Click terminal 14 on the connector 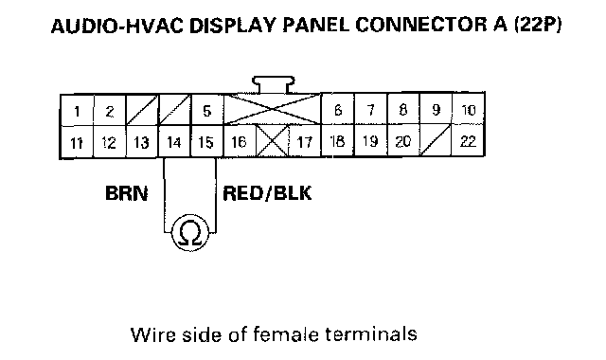[174, 142]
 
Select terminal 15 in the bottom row [206, 142]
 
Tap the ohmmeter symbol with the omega [190, 232]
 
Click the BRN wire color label [126, 193]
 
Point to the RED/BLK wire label [267, 193]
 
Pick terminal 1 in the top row [77, 111]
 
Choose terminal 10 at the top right [469, 110]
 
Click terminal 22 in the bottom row [469, 141]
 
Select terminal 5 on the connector [207, 111]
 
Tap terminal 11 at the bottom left [77, 142]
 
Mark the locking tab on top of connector [274, 84]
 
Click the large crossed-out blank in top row [272, 110]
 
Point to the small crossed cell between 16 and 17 [273, 141]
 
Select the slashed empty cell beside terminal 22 [436, 141]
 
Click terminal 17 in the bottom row [305, 141]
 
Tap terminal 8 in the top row [403, 110]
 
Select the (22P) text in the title [538, 26]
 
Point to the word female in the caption [286, 334]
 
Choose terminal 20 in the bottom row [403, 141]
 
